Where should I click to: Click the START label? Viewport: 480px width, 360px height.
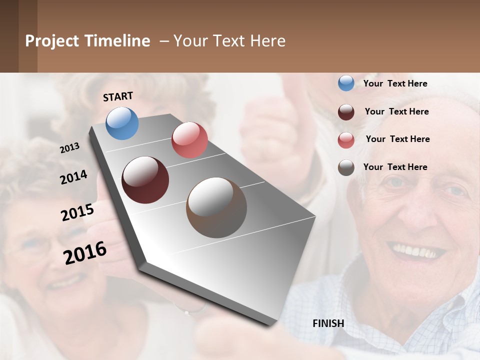118,96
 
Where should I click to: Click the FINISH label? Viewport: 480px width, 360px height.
328,323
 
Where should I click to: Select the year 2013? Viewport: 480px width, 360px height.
70,147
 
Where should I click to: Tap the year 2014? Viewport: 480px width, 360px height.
73,177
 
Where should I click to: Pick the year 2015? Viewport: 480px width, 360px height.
77,212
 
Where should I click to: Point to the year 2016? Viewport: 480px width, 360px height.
85,252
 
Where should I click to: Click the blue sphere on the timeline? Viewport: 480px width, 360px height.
122,123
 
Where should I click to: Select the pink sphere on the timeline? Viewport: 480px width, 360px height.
189,140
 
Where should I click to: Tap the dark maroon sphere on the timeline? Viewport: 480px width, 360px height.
145,180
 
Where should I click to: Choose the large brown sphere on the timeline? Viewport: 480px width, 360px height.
216,207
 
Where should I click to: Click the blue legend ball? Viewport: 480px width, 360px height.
346,83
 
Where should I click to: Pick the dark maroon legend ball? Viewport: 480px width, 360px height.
346,112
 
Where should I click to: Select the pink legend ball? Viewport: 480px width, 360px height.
346,140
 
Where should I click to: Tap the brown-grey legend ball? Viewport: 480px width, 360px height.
346,167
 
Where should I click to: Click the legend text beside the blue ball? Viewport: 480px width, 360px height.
395,83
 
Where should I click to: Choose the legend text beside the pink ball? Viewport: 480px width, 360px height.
397,139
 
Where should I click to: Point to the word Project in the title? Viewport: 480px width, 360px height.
52,41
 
